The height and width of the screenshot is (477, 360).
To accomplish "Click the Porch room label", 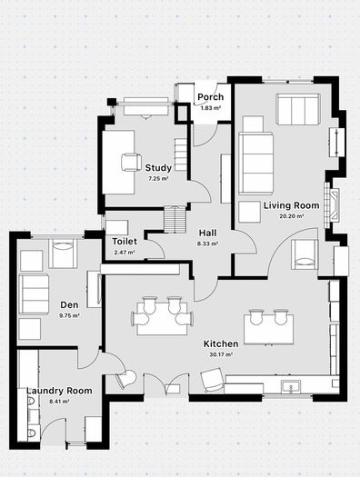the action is click(x=210, y=97).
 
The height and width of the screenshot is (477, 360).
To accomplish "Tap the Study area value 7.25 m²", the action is click(x=158, y=179).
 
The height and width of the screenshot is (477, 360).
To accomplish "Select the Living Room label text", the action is click(x=291, y=205).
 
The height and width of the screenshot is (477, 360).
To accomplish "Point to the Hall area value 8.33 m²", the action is click(x=208, y=243).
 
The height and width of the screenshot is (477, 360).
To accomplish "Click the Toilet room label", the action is click(x=125, y=242).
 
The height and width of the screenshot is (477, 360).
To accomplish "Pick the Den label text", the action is click(x=69, y=304).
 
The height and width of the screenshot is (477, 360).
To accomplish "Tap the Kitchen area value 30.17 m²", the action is click(x=221, y=354).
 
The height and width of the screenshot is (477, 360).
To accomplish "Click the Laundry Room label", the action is click(x=59, y=391).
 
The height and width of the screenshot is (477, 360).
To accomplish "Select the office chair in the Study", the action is click(x=131, y=163).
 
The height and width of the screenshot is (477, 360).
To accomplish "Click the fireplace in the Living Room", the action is click(x=332, y=204).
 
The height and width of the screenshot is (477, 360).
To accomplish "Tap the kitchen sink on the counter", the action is click(x=291, y=387).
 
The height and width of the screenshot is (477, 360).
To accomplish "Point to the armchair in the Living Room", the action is click(x=305, y=254).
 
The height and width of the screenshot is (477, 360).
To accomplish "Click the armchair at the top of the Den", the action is click(x=63, y=253).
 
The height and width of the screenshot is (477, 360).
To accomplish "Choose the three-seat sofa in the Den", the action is click(x=34, y=293).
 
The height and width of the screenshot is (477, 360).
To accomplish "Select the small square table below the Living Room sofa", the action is click(x=249, y=212).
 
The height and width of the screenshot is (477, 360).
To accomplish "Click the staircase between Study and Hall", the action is click(x=175, y=219).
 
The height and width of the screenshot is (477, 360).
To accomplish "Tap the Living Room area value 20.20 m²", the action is click(x=292, y=216).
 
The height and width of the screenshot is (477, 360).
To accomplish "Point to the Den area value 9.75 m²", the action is click(x=69, y=316).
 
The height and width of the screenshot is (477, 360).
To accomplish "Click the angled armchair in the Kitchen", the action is click(x=213, y=381).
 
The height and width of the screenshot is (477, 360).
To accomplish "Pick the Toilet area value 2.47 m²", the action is click(x=125, y=253).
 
